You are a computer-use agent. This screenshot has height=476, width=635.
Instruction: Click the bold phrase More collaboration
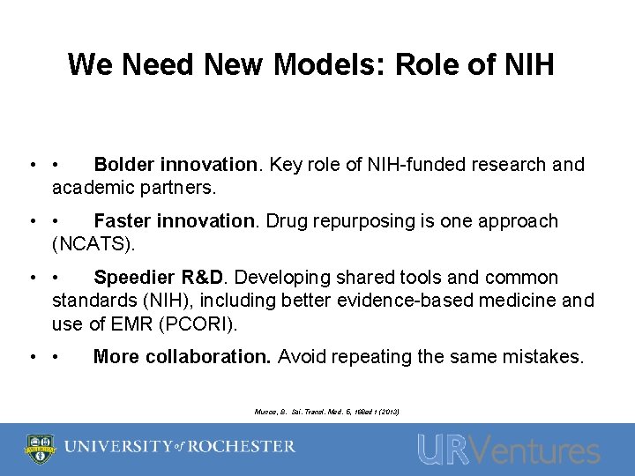coord(183,357)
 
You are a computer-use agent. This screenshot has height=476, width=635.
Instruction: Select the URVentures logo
coord(508,450)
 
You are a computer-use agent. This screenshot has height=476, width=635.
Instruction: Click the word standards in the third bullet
coord(95,301)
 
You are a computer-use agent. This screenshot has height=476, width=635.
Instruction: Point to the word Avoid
coord(302,357)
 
